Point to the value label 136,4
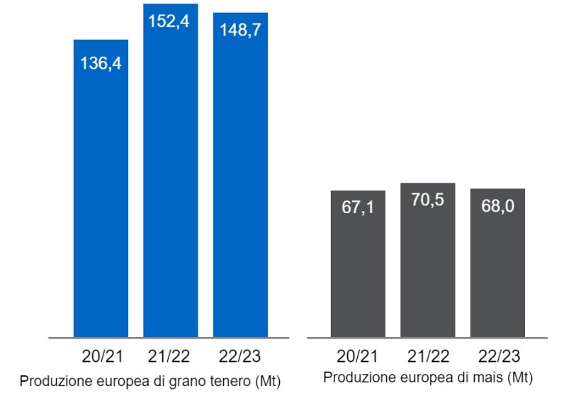(101, 63)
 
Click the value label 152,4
(170, 21)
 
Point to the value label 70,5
(427, 201)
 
